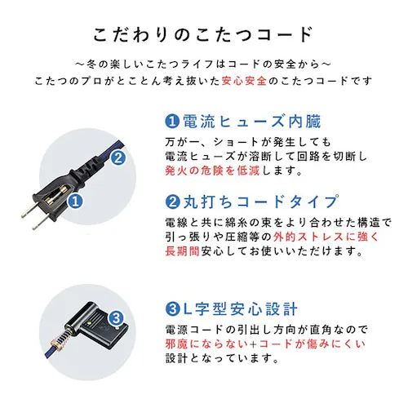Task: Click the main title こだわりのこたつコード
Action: pyautogui.click(x=203, y=34)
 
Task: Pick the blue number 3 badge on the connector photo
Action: pyautogui.click(x=117, y=319)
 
